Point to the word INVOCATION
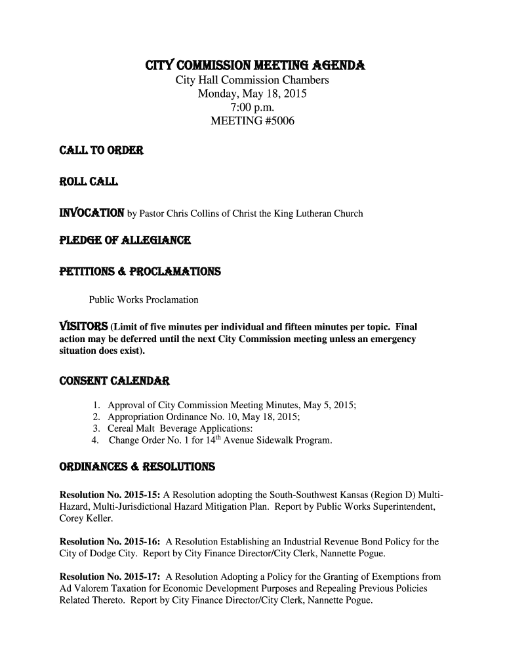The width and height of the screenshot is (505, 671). (x=92, y=213)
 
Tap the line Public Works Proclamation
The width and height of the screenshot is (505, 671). (x=144, y=300)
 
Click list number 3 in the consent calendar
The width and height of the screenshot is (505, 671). (x=96, y=429)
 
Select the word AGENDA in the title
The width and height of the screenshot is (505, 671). (x=339, y=66)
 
